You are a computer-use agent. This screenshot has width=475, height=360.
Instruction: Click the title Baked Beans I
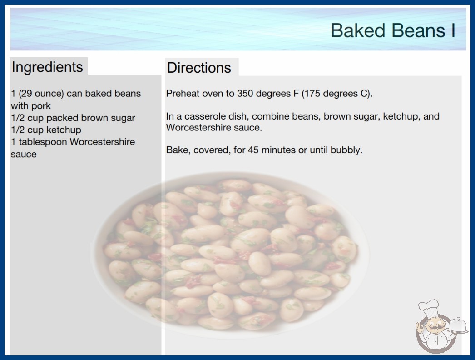tap(393, 30)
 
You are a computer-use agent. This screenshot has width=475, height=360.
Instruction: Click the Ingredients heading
tap(47, 67)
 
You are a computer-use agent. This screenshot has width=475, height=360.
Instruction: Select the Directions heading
tap(199, 68)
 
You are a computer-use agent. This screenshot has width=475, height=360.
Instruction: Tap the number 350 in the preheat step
tap(245, 94)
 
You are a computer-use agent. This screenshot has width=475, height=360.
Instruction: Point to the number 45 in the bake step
tap(253, 150)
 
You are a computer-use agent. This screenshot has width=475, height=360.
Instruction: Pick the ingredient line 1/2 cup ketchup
tap(46, 130)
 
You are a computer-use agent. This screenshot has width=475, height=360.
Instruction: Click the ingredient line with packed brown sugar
tap(73, 118)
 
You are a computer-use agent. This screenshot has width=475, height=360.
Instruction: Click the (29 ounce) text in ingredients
tap(41, 94)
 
